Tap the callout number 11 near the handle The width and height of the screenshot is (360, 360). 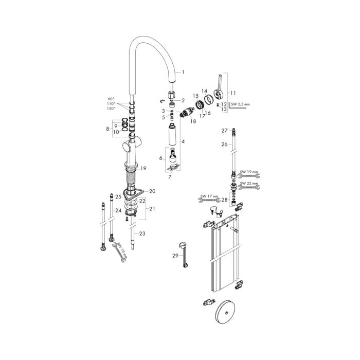(x=232, y=93)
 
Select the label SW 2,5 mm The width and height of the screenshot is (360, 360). (x=240, y=105)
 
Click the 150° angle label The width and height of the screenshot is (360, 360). (x=111, y=109)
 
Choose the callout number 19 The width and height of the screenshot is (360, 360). (x=144, y=168)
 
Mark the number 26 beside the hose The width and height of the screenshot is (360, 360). (x=224, y=145)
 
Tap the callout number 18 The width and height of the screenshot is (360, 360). (x=193, y=121)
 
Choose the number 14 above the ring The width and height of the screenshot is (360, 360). (x=204, y=90)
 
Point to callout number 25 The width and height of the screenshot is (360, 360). (x=118, y=197)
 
